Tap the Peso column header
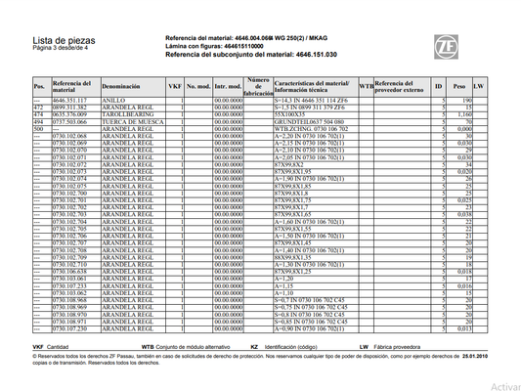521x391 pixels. point(458,86)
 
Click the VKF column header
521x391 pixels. point(175,86)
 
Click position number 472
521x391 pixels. point(38,108)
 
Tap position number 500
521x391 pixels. point(38,128)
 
